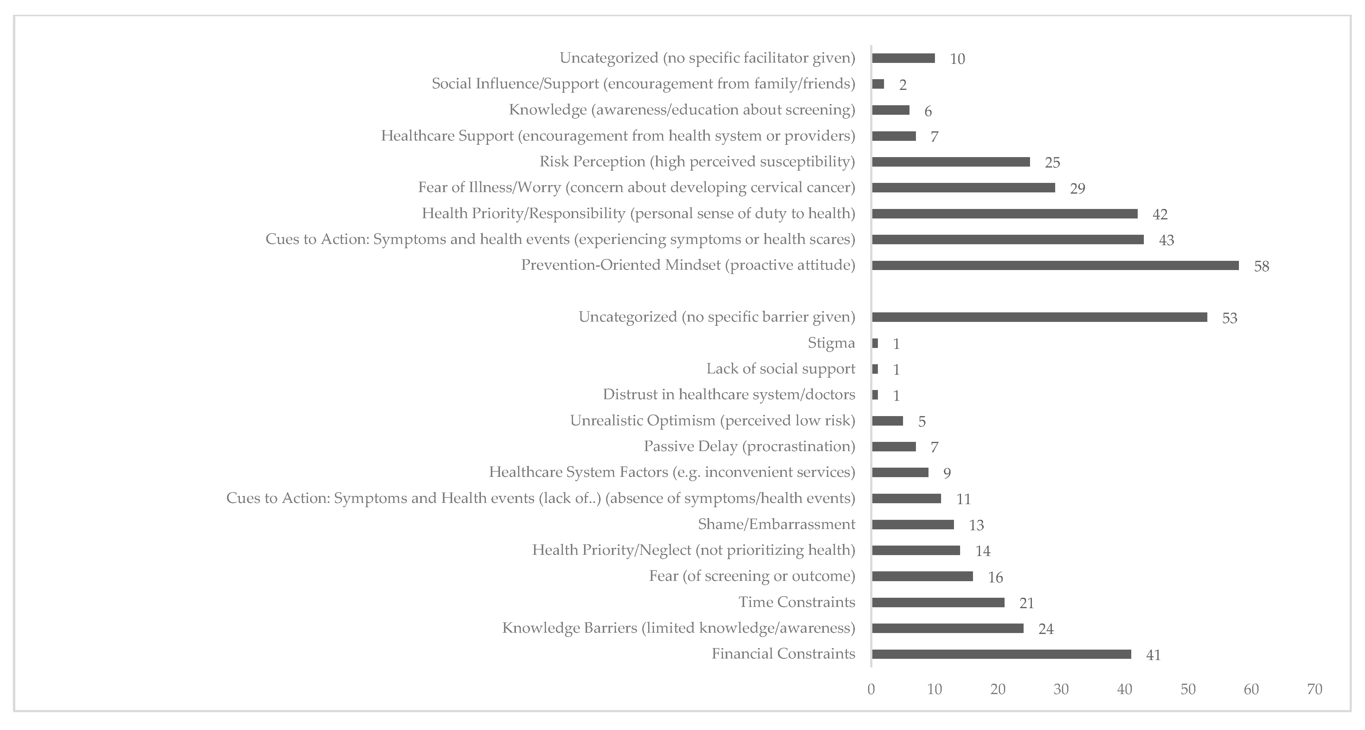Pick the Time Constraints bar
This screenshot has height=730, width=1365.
(x=938, y=603)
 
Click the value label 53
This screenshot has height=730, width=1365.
(x=1229, y=318)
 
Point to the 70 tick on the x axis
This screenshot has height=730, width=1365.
(x=1315, y=689)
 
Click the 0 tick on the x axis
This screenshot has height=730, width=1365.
(x=871, y=689)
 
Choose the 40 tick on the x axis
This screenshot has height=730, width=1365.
(x=1125, y=689)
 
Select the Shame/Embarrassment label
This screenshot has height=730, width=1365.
(x=776, y=524)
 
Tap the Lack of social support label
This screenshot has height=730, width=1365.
(x=781, y=369)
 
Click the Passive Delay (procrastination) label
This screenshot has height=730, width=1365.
(x=749, y=446)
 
